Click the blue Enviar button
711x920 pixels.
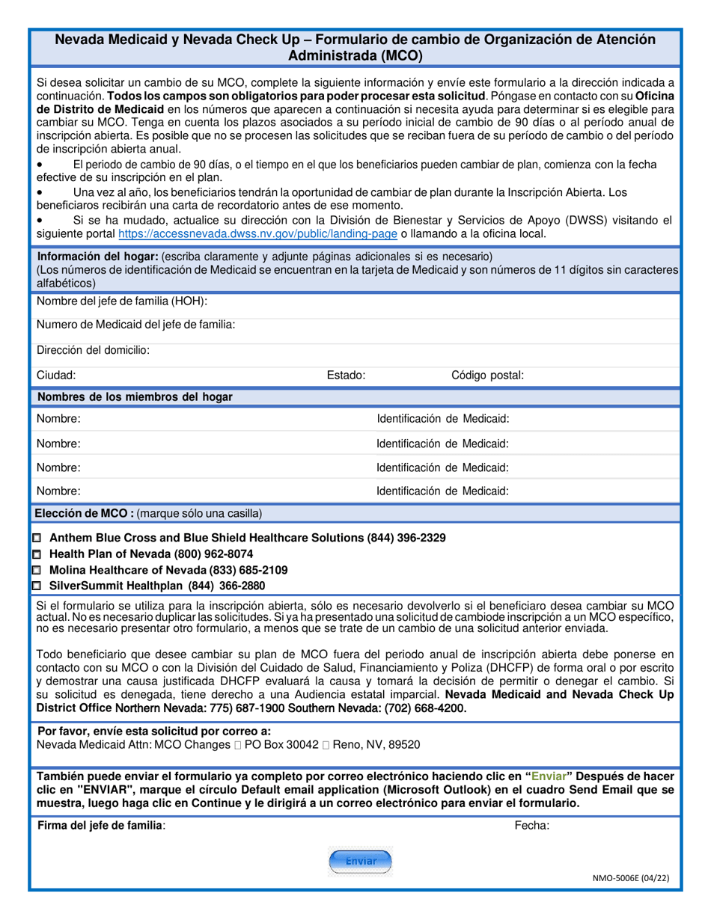tap(360, 862)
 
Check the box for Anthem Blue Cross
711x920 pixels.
tap(38, 539)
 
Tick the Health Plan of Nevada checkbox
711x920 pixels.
tap(38, 554)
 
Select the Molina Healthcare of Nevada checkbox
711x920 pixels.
tap(38, 570)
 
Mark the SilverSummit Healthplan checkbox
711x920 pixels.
tap(38, 586)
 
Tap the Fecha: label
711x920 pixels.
tap(531, 826)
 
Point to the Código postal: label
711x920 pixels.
tap(487, 375)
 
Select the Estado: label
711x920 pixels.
tap(346, 375)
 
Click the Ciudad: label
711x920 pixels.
tap(56, 375)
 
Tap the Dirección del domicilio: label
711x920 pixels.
tap(93, 349)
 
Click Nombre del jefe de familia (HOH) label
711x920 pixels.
tap(122, 301)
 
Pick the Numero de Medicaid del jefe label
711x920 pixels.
tap(136, 325)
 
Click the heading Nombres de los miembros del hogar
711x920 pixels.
tap(135, 397)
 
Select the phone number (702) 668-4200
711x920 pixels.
tap(424, 708)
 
